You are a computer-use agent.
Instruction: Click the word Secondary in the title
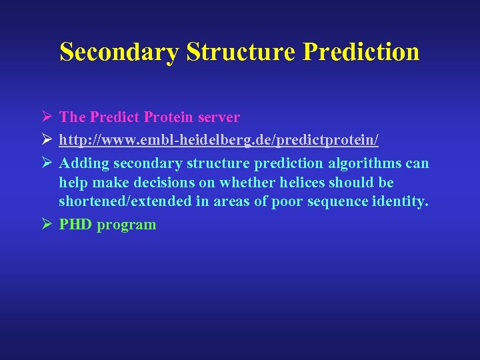click(119, 52)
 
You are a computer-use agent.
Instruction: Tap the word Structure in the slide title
click(241, 52)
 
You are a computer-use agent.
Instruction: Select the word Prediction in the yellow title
click(361, 52)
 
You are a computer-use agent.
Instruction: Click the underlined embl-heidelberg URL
click(219, 140)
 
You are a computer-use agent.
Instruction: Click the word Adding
click(84, 163)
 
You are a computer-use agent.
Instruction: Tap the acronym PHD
click(75, 225)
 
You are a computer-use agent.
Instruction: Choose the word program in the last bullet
click(126, 225)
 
